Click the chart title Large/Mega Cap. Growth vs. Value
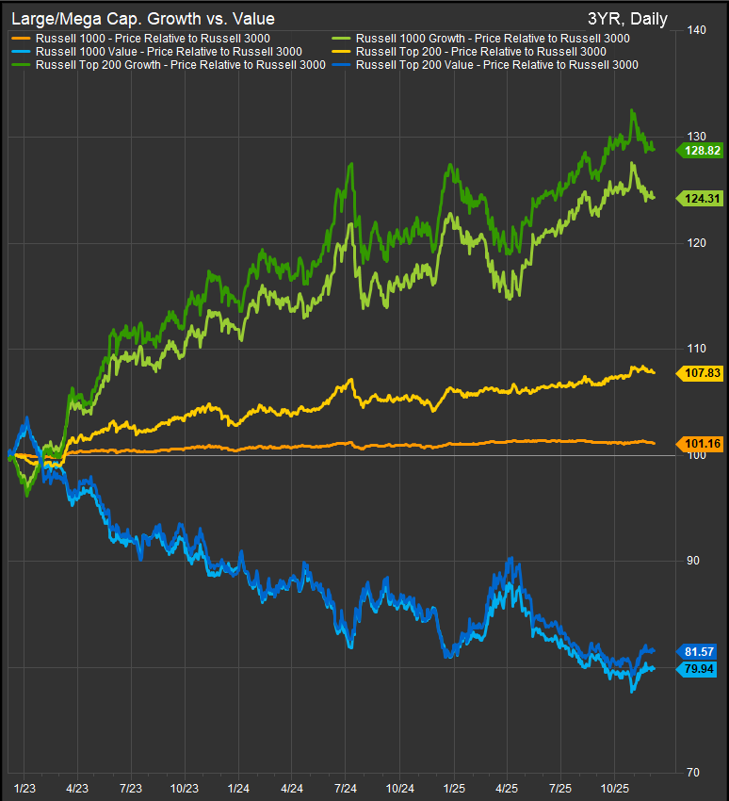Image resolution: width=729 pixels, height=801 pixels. coord(142,18)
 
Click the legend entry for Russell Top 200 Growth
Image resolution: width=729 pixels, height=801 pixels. coord(180,64)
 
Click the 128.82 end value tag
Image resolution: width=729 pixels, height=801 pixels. coord(698,149)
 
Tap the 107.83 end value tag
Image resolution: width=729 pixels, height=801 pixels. coord(698,373)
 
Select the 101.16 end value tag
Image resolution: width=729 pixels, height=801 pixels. coord(698,443)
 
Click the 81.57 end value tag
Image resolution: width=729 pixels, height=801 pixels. coord(698,651)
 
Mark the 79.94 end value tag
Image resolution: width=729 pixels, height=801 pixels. coord(698,669)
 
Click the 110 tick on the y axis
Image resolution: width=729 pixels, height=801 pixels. coord(698,349)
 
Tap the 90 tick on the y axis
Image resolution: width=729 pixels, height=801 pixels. coord(696,561)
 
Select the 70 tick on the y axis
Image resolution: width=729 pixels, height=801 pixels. coord(696,773)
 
